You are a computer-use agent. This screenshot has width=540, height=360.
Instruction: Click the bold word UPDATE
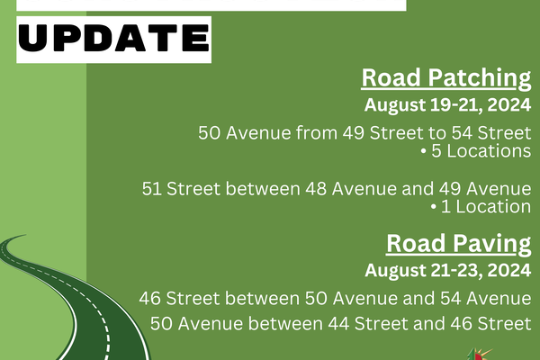point(113,38)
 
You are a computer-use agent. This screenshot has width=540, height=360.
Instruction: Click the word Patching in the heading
point(480,78)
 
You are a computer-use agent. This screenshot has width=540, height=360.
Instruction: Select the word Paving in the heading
point(491,244)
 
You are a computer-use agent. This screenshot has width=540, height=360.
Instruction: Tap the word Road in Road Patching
point(391,77)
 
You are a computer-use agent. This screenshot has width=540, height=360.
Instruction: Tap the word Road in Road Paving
point(416,244)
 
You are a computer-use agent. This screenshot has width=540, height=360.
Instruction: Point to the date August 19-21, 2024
point(447,104)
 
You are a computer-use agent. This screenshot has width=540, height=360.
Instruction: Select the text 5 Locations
point(481,151)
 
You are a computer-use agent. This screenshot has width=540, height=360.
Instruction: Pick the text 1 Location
point(486,207)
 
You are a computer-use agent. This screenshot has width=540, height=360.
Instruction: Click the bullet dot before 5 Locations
point(424,151)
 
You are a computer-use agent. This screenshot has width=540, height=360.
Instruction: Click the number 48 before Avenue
point(316,189)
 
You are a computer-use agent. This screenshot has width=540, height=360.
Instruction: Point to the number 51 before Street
point(151,189)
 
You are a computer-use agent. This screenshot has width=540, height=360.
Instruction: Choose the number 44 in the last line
point(338,324)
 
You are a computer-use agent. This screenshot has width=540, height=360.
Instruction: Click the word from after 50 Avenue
point(317,133)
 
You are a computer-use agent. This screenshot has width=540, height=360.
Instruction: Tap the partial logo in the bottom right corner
point(479,355)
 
